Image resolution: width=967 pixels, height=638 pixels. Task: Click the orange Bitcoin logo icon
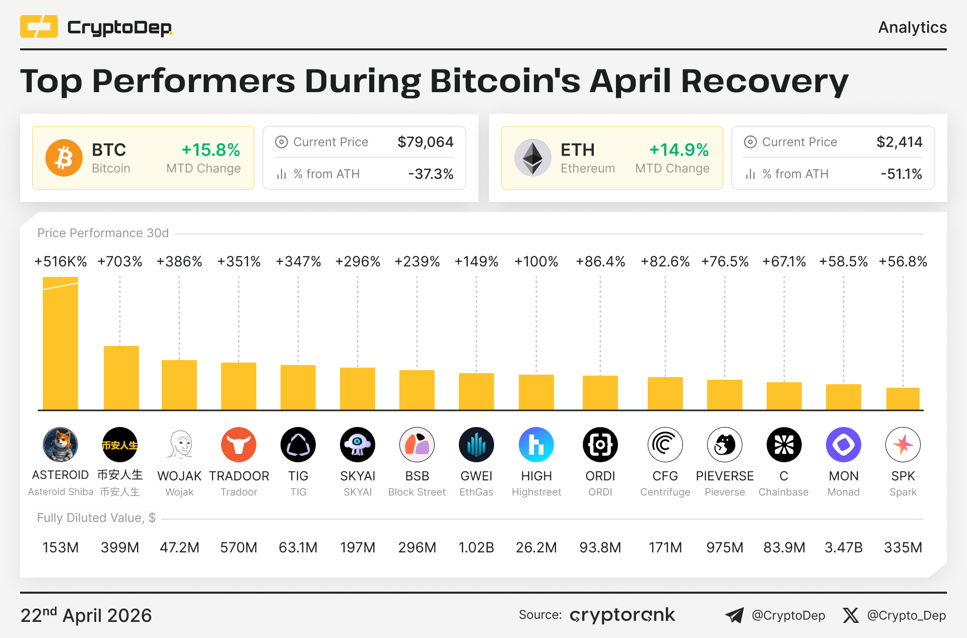tap(64, 158)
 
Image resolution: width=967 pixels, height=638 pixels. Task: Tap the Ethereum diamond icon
tap(532, 158)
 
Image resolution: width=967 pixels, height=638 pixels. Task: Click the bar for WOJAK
tap(179, 385)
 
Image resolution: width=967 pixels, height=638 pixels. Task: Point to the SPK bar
tap(903, 398)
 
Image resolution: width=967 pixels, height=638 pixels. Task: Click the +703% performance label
tap(120, 261)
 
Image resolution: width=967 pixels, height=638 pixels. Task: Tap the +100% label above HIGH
tap(536, 261)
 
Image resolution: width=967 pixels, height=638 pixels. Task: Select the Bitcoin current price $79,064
tap(425, 142)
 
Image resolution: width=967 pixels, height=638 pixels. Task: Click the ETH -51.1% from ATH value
tap(901, 174)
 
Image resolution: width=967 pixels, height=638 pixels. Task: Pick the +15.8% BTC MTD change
tap(211, 150)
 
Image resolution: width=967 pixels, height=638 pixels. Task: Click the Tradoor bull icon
tap(239, 445)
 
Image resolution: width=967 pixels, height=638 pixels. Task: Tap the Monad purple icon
tap(843, 445)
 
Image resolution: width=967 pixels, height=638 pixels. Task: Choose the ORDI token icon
tap(600, 445)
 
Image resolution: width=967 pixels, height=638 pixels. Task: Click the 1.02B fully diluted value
tap(476, 547)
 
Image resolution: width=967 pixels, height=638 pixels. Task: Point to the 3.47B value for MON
tap(843, 547)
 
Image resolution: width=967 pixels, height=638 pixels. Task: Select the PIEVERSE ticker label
tap(724, 476)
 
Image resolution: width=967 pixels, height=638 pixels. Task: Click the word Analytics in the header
tap(912, 27)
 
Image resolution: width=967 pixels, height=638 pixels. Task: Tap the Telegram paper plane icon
tap(734, 615)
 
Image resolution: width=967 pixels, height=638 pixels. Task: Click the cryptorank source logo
tap(622, 615)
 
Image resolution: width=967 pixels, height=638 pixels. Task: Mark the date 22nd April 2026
tap(86, 615)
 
